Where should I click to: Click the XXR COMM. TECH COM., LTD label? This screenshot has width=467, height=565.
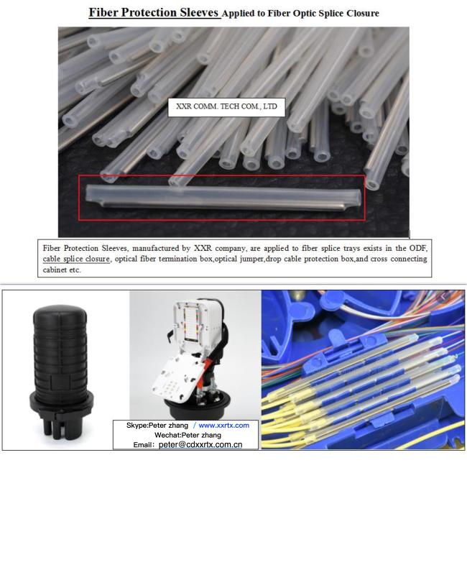click(x=226, y=106)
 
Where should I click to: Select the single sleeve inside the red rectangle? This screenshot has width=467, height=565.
click(x=223, y=198)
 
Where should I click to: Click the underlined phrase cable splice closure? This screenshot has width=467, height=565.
click(x=76, y=259)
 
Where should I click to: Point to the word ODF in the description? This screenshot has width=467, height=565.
click(x=418, y=248)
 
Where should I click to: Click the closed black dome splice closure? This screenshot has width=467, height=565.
click(x=61, y=371)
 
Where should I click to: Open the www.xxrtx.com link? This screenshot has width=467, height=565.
click(x=223, y=426)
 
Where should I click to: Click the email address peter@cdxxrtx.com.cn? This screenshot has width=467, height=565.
click(x=200, y=445)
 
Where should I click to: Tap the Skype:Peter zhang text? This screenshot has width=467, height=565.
click(x=157, y=426)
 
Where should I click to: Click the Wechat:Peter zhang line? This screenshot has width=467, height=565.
click(x=188, y=435)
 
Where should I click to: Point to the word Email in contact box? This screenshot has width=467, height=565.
click(x=142, y=445)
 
